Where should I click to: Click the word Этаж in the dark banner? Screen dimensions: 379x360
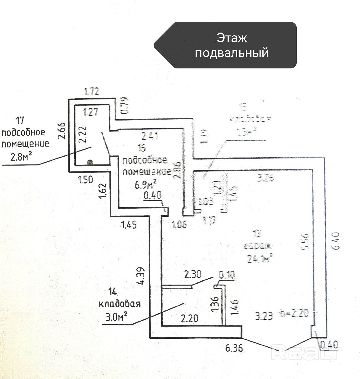point(232,38)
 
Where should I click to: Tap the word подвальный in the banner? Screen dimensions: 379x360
point(232,53)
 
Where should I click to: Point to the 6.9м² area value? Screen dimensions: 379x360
point(146,185)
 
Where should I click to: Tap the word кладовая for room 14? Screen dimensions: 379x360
point(120,304)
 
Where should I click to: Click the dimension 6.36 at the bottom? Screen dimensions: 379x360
point(234,348)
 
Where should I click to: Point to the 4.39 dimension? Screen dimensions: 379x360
point(141,276)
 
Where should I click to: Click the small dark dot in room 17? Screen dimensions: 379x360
point(90,162)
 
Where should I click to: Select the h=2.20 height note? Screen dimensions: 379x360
point(294,313)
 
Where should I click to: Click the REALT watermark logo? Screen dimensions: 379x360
point(306,353)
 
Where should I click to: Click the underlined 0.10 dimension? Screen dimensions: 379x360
point(227,275)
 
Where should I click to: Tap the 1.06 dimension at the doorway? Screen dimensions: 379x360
point(179,225)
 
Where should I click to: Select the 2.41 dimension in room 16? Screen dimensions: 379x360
point(150,136)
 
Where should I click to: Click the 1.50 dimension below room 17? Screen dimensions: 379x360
point(85,179)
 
